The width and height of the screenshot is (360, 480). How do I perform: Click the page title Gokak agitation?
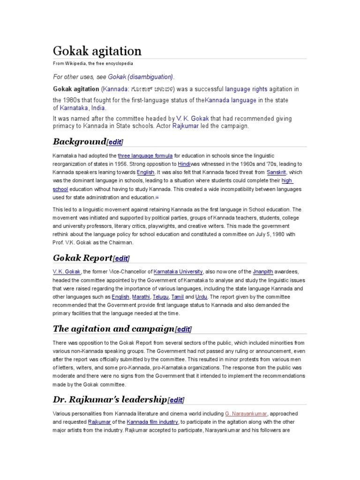coord(97,51)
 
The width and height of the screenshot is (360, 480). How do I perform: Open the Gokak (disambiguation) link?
coord(141,76)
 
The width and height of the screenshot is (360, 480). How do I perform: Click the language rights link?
coord(244,89)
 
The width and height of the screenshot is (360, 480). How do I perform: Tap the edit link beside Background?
coord(115,142)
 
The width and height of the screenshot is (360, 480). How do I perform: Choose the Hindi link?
coord(184,164)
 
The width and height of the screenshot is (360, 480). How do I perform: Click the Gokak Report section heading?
coord(82,258)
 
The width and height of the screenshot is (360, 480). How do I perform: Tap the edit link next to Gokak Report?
coord(121,258)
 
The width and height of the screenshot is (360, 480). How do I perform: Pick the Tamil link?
coord(178,297)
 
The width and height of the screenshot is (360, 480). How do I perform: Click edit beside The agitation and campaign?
coord(183,329)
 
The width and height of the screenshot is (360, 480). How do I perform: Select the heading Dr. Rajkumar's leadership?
coord(110,399)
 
